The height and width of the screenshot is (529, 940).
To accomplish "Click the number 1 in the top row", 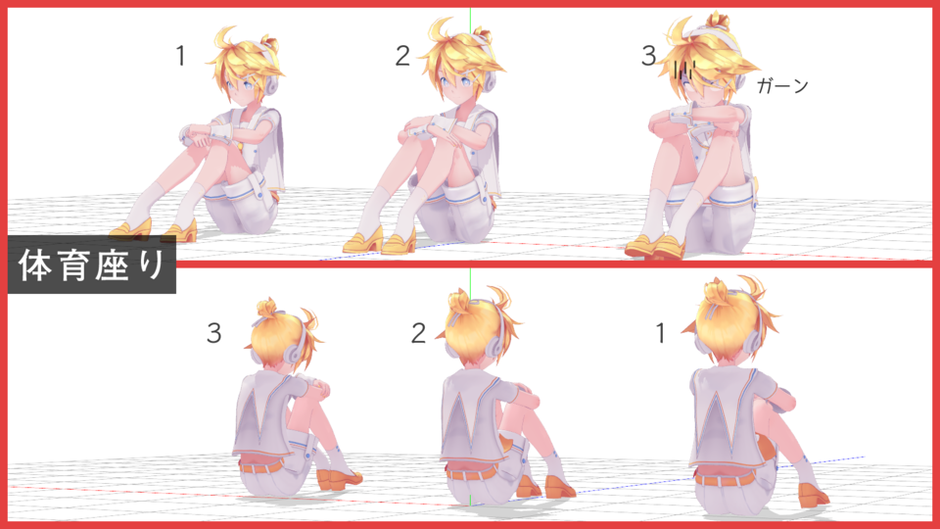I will [x=180, y=57].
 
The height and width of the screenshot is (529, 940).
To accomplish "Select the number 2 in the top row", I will [x=402, y=57].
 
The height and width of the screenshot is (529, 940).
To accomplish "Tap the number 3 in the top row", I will [x=648, y=57].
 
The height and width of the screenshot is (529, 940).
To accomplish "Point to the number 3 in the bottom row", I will [x=213, y=334].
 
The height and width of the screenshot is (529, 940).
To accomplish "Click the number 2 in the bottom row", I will [x=419, y=334].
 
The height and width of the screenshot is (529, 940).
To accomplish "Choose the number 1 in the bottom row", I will [x=661, y=334].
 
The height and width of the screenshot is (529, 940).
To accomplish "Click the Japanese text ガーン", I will [x=782, y=86].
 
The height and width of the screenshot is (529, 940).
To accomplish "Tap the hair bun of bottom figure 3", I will [x=268, y=309].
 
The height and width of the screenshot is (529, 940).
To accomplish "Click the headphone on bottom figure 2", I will [x=497, y=339].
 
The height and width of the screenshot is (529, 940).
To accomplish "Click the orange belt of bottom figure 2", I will [x=471, y=471].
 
